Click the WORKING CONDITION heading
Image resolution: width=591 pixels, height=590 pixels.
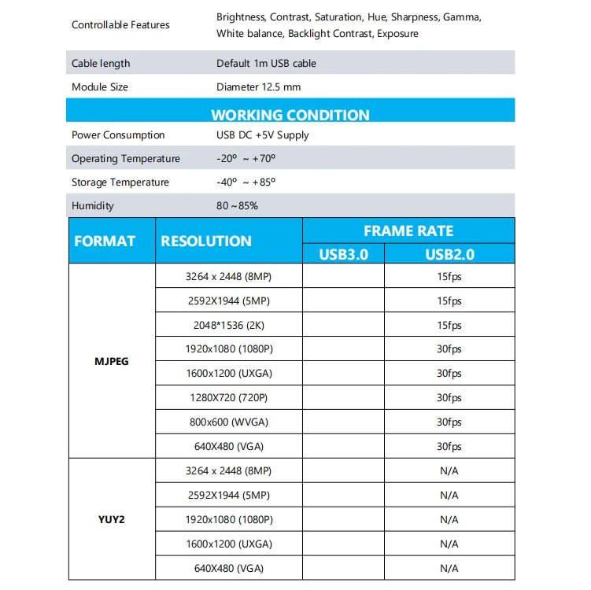(290, 115)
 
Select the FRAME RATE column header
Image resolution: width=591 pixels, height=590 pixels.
(408, 230)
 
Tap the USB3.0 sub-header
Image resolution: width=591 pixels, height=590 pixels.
(343, 253)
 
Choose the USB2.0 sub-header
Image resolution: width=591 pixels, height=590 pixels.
(449, 253)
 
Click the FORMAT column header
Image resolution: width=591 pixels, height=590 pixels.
(105, 242)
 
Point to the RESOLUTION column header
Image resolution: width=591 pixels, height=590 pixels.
(206, 242)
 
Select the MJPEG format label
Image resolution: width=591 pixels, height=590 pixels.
(112, 361)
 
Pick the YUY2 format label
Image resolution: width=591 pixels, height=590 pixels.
(112, 519)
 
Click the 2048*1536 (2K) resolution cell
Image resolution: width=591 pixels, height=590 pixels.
(228, 325)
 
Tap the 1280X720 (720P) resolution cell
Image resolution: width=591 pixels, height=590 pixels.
(228, 398)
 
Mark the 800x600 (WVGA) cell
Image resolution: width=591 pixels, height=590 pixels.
(228, 422)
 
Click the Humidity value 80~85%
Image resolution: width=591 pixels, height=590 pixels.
(237, 206)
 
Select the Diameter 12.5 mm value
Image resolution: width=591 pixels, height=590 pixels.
(258, 87)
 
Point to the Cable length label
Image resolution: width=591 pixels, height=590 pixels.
(101, 63)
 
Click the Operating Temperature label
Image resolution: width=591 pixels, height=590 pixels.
(126, 158)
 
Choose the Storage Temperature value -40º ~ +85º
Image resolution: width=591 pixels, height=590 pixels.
(246, 183)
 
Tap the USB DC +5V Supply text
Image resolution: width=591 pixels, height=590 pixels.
(263, 135)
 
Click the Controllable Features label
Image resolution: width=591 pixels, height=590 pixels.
(120, 25)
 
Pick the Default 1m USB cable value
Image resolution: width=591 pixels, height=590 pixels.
(267, 63)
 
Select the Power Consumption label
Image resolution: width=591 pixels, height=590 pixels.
(118, 135)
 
